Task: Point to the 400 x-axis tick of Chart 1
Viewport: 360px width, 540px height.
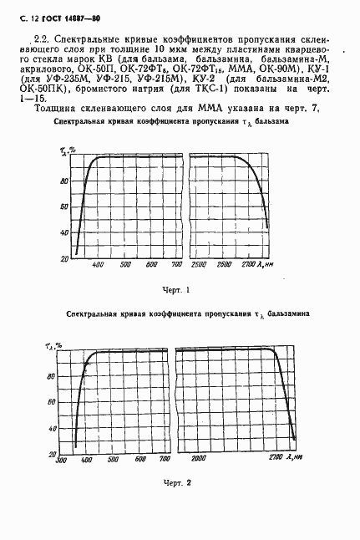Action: point(97,265)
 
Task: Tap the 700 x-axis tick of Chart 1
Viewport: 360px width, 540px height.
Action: point(176,265)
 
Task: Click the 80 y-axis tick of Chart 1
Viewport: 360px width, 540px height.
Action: point(63,182)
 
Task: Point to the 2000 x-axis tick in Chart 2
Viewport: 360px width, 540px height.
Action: point(199,459)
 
